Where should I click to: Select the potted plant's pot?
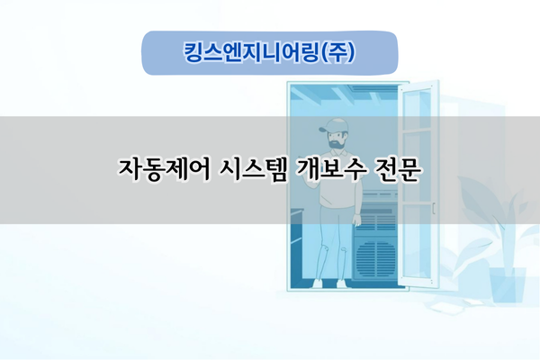pos(508,284)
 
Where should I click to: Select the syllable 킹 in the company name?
pos(192,51)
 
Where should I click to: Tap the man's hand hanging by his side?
pos(357,221)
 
